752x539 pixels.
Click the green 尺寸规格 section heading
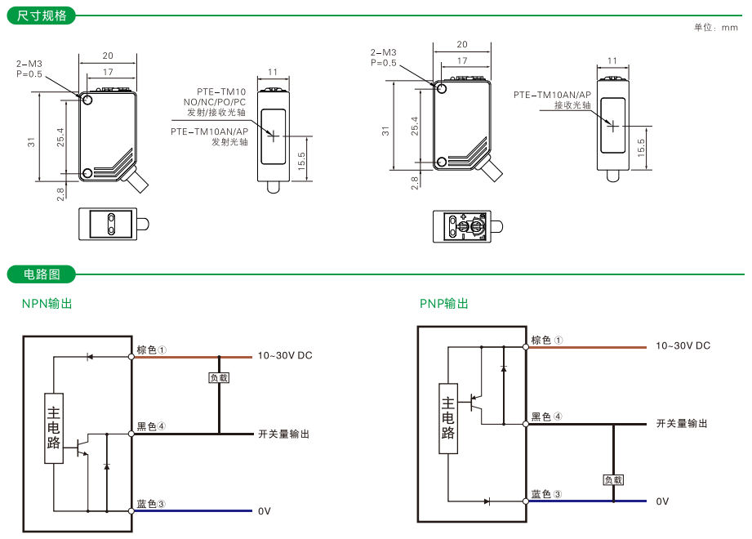coord(42,16)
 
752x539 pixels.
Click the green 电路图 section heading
coord(42,274)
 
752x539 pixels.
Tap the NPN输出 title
coord(47,304)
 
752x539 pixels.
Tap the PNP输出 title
coord(444,304)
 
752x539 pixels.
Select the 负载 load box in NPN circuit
coord(219,378)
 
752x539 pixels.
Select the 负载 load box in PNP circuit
coord(613,479)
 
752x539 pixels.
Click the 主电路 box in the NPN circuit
coord(54,428)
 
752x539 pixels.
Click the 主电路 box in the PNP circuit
coord(448,418)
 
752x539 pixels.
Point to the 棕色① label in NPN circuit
coord(152,350)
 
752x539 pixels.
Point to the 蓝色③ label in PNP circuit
coord(546,494)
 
